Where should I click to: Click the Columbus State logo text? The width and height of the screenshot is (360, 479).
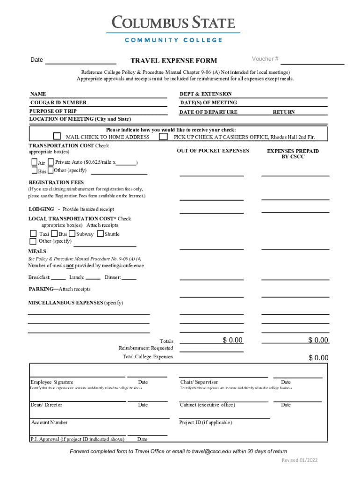[x=173, y=22]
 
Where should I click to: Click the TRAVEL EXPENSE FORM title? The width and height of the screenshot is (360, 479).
[x=173, y=61]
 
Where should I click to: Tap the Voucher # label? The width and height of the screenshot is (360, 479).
[x=265, y=59]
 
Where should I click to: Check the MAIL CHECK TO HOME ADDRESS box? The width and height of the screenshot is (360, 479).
[x=57, y=137]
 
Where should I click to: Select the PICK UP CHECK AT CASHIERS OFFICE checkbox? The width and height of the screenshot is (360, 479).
[x=163, y=137]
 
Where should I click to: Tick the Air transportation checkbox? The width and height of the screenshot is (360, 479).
[x=35, y=162]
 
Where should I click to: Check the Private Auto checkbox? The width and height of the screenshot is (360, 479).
[x=50, y=162]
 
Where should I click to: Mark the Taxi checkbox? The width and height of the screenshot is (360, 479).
[x=33, y=233]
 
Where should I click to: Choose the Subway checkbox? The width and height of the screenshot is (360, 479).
[x=72, y=233]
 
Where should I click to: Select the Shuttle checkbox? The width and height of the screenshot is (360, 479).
[x=101, y=233]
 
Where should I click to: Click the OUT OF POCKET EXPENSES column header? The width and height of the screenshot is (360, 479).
[x=213, y=151]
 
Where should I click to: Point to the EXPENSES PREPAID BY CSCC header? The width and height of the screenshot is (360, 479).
[x=293, y=154]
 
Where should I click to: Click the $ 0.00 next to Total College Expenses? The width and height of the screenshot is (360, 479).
[x=318, y=358]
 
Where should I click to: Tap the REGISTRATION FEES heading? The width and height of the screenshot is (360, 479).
[x=56, y=182]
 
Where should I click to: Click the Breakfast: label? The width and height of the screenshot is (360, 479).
[x=39, y=277]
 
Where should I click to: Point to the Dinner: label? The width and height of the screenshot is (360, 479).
[x=113, y=277]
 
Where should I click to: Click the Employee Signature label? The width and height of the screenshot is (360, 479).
[x=52, y=382]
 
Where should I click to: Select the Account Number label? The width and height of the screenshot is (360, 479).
[x=49, y=422]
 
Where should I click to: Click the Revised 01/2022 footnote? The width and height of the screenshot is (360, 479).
[x=299, y=460]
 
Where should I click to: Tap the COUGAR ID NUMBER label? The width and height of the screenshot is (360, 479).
[x=58, y=102]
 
